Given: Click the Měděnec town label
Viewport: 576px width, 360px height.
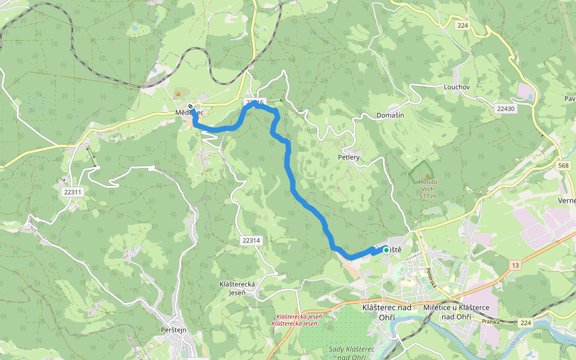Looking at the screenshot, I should (190, 113).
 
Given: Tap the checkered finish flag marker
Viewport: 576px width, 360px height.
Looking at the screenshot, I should (190, 107).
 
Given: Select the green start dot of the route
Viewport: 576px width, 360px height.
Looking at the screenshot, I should (386, 250).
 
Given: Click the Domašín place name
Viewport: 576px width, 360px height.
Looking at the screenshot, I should (390, 115).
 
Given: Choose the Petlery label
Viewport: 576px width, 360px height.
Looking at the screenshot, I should (349, 157).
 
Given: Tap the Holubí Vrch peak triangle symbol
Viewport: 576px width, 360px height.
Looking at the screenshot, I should (427, 176).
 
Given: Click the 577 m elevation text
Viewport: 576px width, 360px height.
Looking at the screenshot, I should (428, 196).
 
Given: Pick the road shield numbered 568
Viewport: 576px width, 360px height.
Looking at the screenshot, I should (563, 166).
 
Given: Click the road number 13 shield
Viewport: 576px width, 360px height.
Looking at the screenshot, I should (515, 265).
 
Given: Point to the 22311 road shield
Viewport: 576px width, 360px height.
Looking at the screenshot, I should (72, 192).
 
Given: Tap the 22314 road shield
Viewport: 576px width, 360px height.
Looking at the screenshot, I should (251, 240).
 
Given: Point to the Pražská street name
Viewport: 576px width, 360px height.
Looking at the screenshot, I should (490, 322).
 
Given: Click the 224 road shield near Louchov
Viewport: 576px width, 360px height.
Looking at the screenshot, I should (461, 25).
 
